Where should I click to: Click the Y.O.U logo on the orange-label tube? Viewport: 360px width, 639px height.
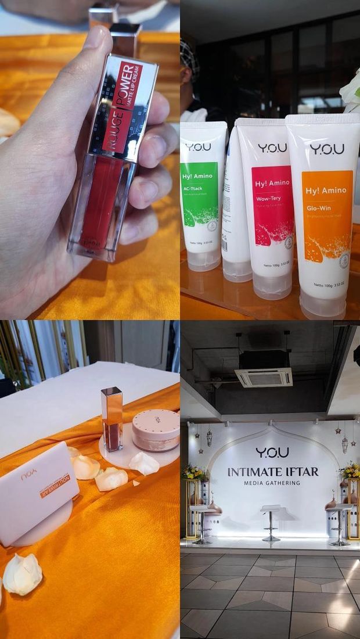(326, 149)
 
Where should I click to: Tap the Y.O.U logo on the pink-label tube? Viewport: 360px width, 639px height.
(272, 148)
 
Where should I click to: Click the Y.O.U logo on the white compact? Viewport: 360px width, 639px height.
(29, 475)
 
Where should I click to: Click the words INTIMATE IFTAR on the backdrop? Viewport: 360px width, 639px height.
(273, 472)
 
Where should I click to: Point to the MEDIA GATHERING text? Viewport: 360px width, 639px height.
(272, 483)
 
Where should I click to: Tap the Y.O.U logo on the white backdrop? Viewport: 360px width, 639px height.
(272, 452)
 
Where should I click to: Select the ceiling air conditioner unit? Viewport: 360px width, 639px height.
(264, 378)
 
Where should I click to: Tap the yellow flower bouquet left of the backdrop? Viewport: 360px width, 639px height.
(194, 472)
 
